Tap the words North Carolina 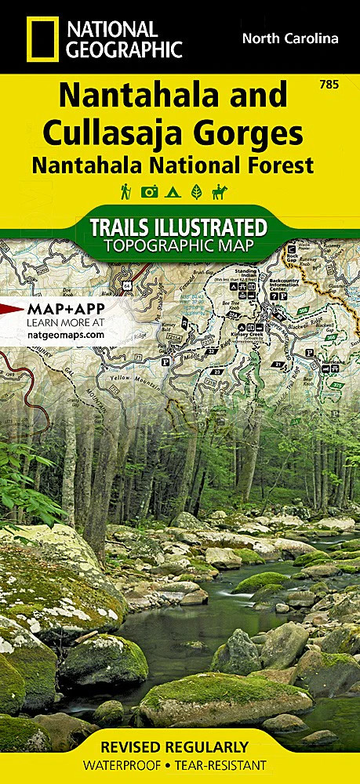pos(290,38)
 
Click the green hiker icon pos(125,191)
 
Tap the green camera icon pos(148,191)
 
